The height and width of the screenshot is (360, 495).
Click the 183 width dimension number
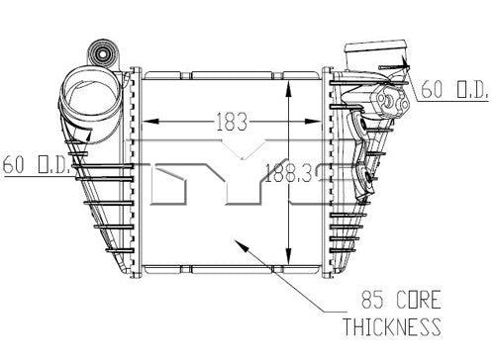click(232, 122)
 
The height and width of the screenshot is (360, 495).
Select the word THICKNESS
click(392, 326)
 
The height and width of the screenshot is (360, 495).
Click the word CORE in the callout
click(419, 300)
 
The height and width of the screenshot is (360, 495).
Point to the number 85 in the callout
click(372, 300)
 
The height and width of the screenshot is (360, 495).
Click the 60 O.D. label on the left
click(37, 164)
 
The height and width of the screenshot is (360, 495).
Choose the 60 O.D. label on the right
click(454, 89)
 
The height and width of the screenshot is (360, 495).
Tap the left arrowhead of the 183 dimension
click(150, 121)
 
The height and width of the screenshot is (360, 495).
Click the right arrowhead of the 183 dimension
click(312, 121)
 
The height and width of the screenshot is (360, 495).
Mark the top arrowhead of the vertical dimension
click(288, 88)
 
